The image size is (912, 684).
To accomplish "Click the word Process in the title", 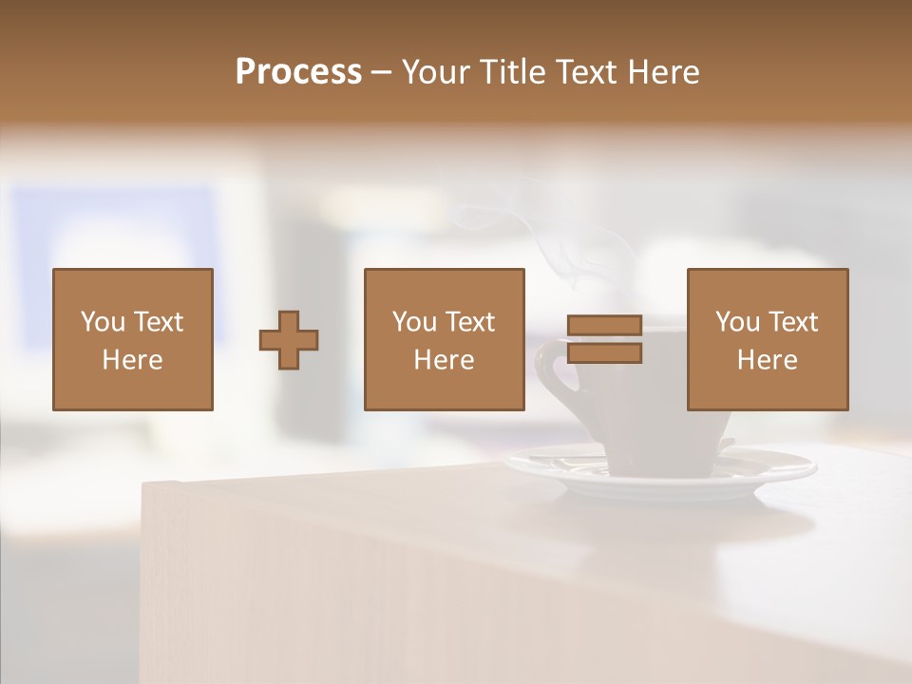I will (298, 72).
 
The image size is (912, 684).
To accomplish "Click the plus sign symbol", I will (289, 340).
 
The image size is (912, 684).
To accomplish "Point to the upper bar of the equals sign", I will (604, 326).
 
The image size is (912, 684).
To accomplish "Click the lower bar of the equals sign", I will (604, 352).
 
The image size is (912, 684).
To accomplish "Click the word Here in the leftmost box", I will (133, 360).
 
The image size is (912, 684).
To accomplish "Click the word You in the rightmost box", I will (738, 322).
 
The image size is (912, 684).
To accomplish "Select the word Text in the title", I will (581, 72).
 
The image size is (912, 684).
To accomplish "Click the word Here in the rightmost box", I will (768, 360).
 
